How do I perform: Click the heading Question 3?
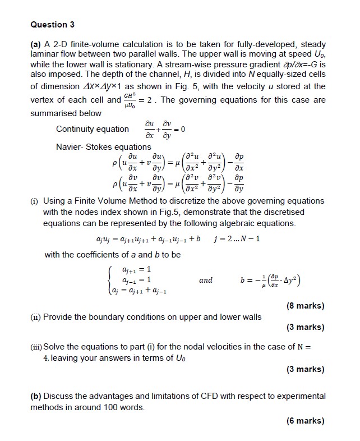pos(52,25)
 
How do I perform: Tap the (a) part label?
pos(36,44)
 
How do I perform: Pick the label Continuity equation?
pos(93,129)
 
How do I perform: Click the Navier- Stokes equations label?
pos(104,147)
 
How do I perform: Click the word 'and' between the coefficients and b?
pos(206,280)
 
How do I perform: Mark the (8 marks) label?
pos(304,306)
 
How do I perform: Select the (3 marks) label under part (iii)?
pos(304,369)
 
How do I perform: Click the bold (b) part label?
pos(36,396)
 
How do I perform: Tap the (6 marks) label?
pos(304,421)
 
